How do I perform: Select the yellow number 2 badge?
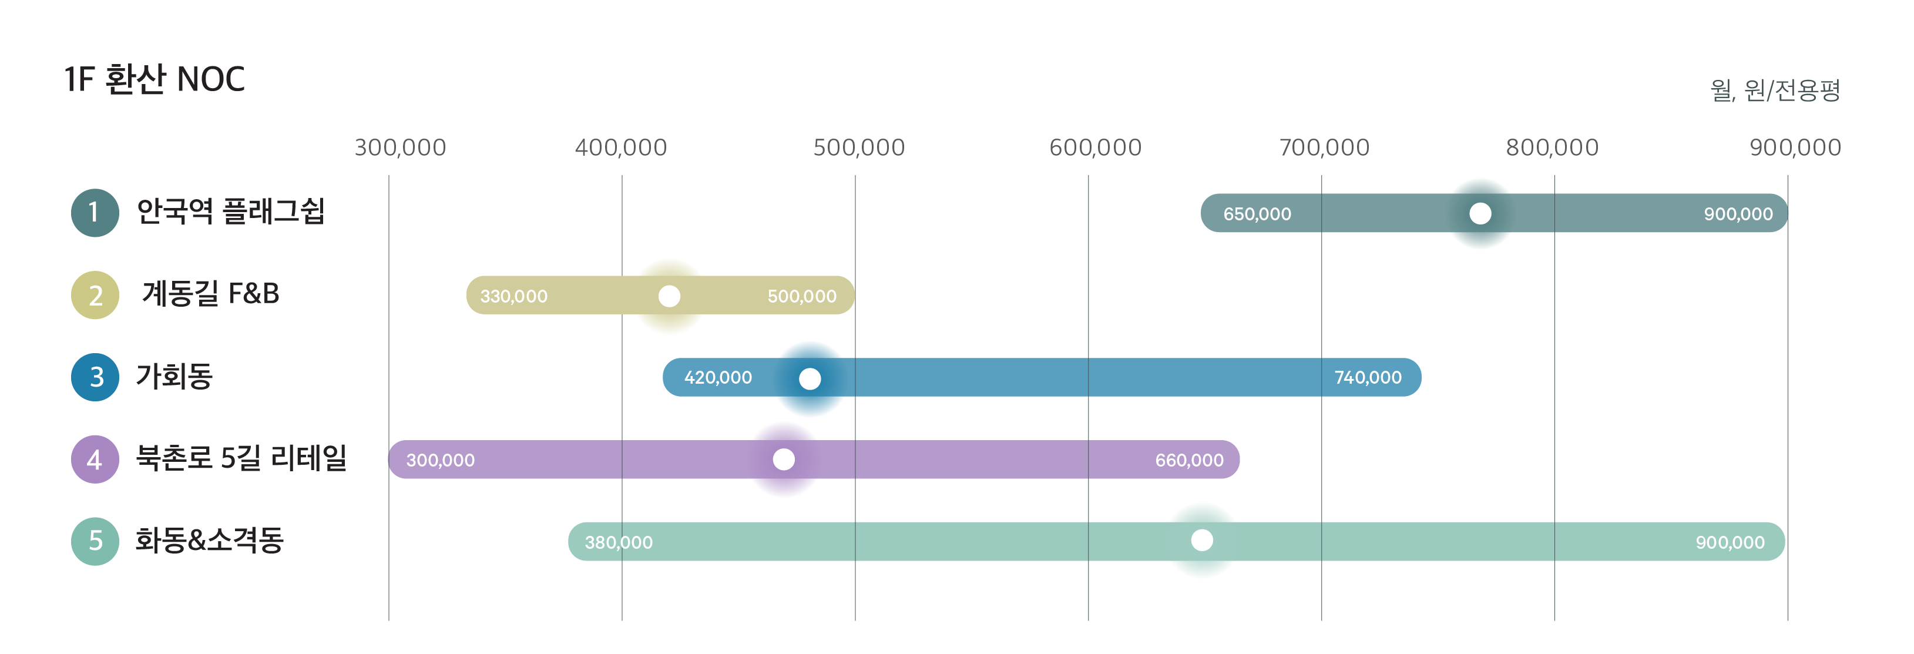pyautogui.click(x=96, y=296)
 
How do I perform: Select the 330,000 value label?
pyautogui.click(x=513, y=297)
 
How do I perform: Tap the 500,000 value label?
pyautogui.click(x=802, y=297)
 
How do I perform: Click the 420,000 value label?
pyautogui.click(x=718, y=378)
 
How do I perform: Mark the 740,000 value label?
pyautogui.click(x=1368, y=378)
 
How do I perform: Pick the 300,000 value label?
pyautogui.click(x=440, y=461)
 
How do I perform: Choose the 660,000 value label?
pyautogui.click(x=1189, y=461)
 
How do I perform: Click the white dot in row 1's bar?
pyautogui.click(x=1480, y=214)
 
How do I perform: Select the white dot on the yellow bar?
pyautogui.click(x=669, y=297)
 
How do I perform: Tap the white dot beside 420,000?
pyautogui.click(x=810, y=379)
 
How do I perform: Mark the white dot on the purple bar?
pyautogui.click(x=784, y=460)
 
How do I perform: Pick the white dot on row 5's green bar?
pyautogui.click(x=1201, y=540)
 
